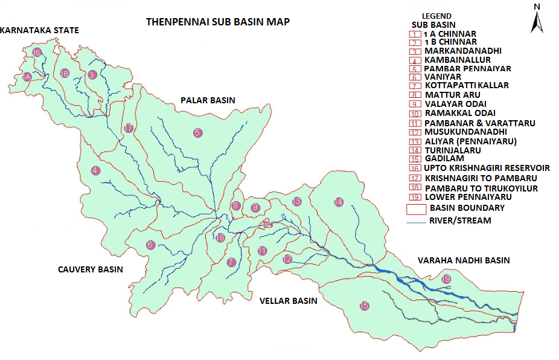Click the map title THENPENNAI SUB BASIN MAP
tap(218, 22)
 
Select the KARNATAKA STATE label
tap(40, 30)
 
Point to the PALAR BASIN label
tap(208, 100)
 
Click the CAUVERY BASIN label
tap(91, 269)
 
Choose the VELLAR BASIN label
tap(288, 300)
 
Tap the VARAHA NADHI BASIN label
tap(464, 260)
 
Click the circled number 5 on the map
tap(198, 133)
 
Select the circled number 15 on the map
tap(363, 306)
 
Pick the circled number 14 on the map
tap(339, 202)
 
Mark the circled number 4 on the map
tap(95, 171)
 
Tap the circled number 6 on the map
tap(150, 245)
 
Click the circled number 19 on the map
tap(446, 279)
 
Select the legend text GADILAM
tap(444, 159)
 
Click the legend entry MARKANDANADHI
tap(463, 51)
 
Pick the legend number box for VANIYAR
tap(414, 77)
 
